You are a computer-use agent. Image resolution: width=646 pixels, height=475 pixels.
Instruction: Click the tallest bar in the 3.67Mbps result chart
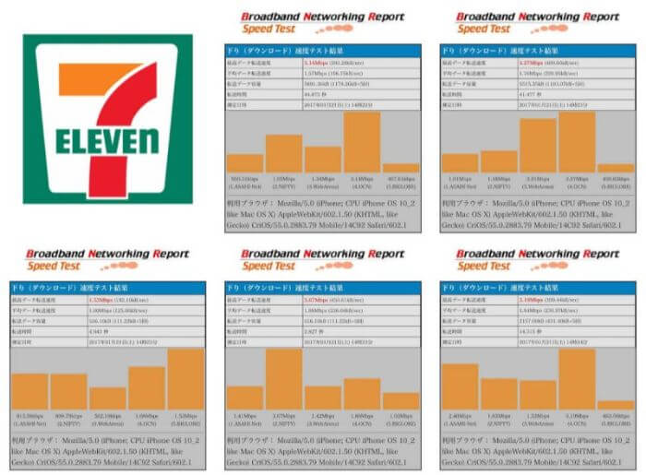point(283,379)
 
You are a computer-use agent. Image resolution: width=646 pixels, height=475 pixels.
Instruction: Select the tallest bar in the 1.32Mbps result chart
point(185,379)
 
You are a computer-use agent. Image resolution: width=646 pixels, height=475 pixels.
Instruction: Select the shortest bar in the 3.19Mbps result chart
point(616,405)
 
